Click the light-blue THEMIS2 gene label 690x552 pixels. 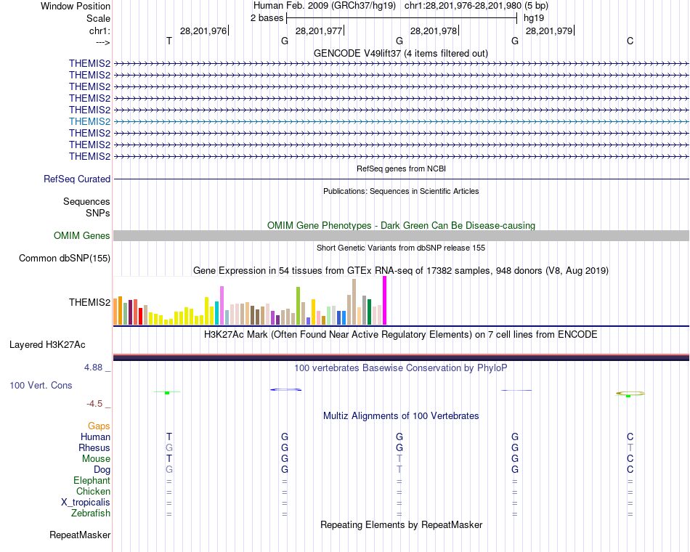(x=89, y=121)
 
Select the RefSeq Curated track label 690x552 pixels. (x=77, y=179)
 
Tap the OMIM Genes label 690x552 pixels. (x=82, y=235)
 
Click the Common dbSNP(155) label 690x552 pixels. (x=65, y=258)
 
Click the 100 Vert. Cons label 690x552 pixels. (x=41, y=385)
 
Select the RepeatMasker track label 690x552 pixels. (x=80, y=535)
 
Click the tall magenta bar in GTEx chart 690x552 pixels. (x=384, y=301)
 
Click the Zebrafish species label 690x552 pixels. (x=92, y=514)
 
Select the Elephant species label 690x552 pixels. (x=92, y=481)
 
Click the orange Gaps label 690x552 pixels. (x=99, y=426)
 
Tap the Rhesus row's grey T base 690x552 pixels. (x=630, y=448)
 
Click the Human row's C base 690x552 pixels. (x=630, y=437)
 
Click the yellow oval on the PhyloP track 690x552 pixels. (x=630, y=394)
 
